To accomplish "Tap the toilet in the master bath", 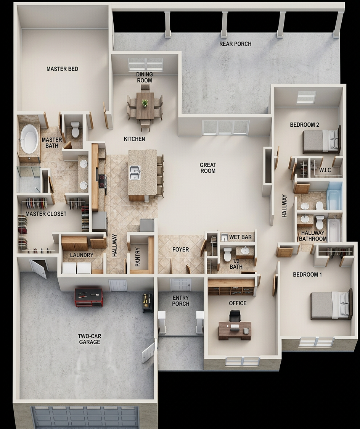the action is pyautogui.click(x=75, y=129).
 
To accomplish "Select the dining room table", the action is pyautogui.click(x=145, y=106).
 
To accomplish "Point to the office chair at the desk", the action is pyautogui.click(x=235, y=316).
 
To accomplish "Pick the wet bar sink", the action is pyautogui.click(x=224, y=237).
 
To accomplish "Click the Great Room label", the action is pyautogui.click(x=208, y=168).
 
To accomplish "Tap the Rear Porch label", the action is pyautogui.click(x=235, y=44).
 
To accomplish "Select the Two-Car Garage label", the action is pyautogui.click(x=89, y=339).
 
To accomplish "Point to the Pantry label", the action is pyautogui.click(x=138, y=257).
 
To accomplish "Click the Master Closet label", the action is pyautogui.click(x=46, y=214).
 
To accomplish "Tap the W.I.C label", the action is pyautogui.click(x=325, y=170).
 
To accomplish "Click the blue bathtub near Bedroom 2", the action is pyautogui.click(x=334, y=196).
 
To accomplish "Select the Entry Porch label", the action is pyautogui.click(x=181, y=301).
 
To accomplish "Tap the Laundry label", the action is pyautogui.click(x=82, y=255).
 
